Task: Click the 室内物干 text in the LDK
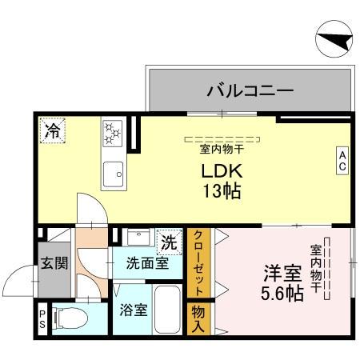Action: pyautogui.click(x=222, y=147)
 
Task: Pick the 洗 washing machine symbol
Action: pyautogui.click(x=168, y=241)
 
